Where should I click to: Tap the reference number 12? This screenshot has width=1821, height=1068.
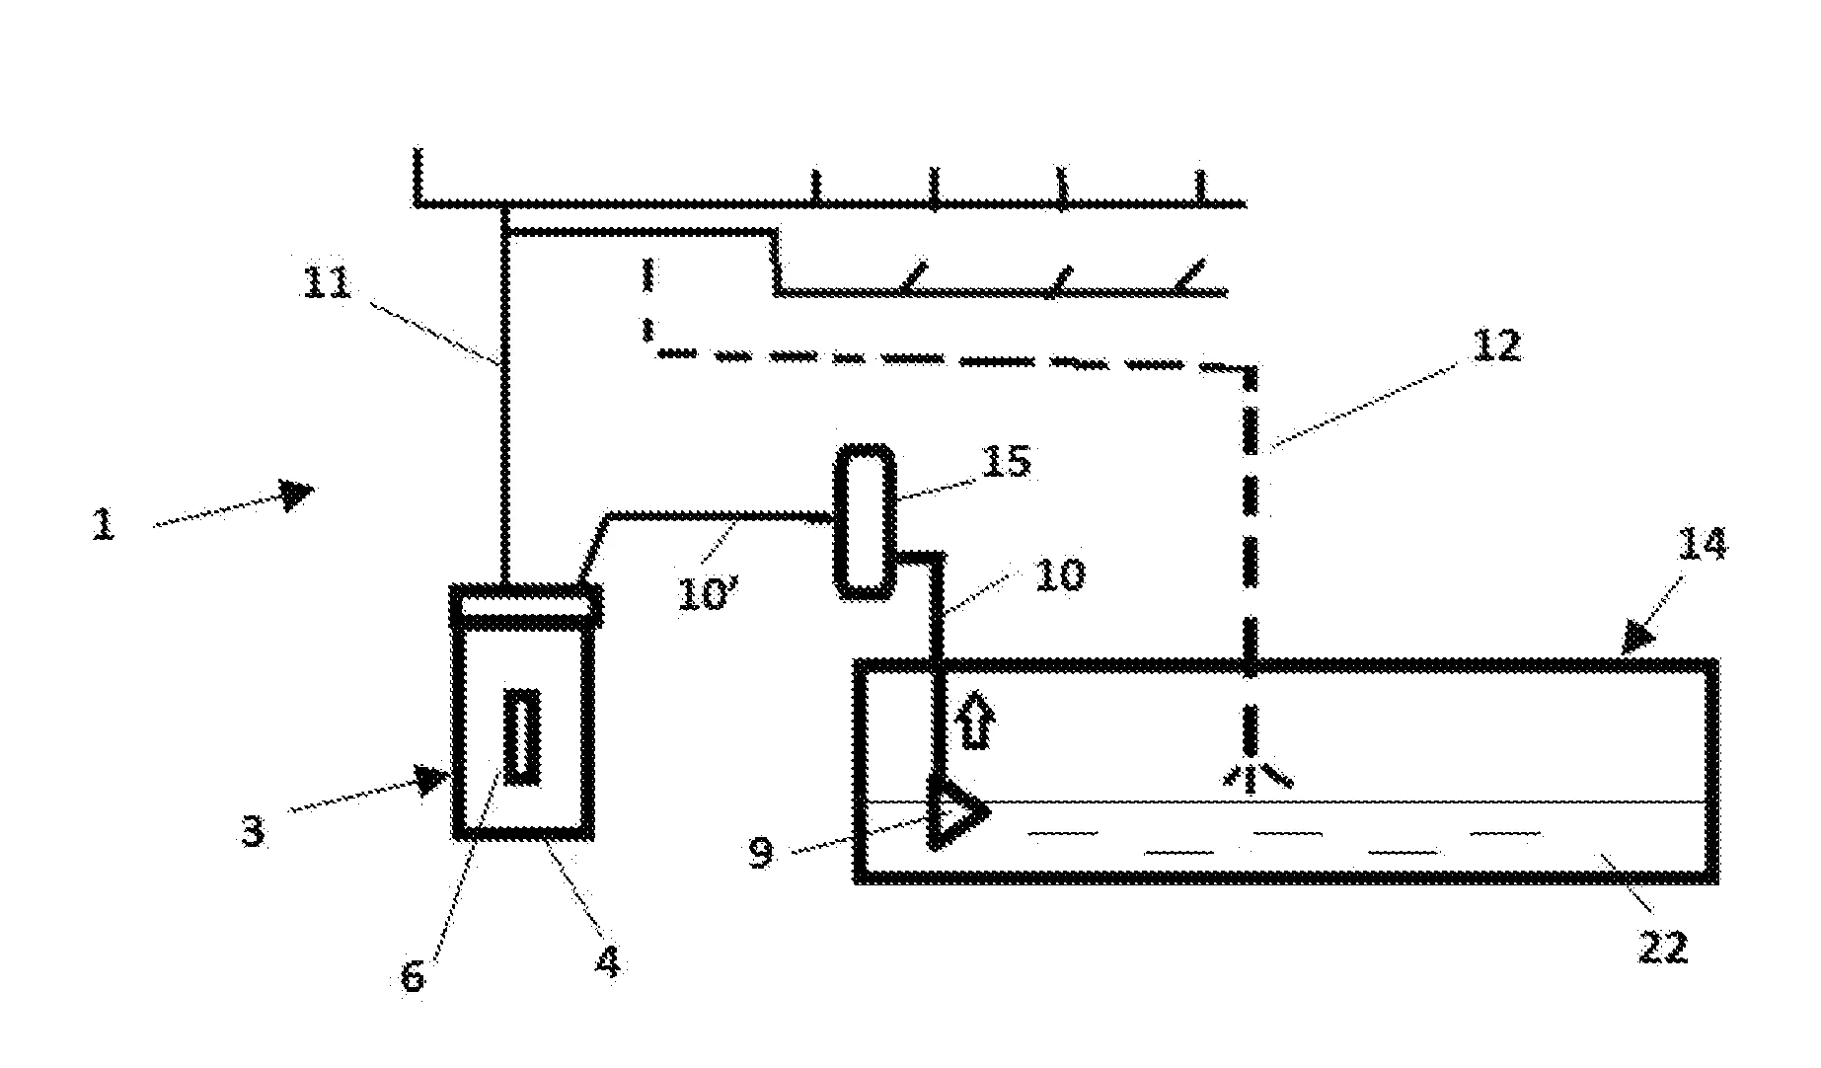[1496, 344]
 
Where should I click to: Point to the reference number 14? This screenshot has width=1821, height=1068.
[1702, 544]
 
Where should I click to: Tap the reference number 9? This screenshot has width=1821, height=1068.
[761, 852]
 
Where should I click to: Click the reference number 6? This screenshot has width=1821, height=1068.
[413, 975]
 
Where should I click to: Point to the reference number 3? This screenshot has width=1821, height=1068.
[254, 831]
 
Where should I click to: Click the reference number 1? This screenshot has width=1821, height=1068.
[104, 523]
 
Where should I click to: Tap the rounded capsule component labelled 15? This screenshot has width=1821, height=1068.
[866, 521]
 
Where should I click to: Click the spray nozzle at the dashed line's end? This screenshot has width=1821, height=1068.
[1252, 777]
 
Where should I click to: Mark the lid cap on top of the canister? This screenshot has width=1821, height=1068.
[525, 604]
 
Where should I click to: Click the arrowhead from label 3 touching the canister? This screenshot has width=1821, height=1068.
[435, 780]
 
